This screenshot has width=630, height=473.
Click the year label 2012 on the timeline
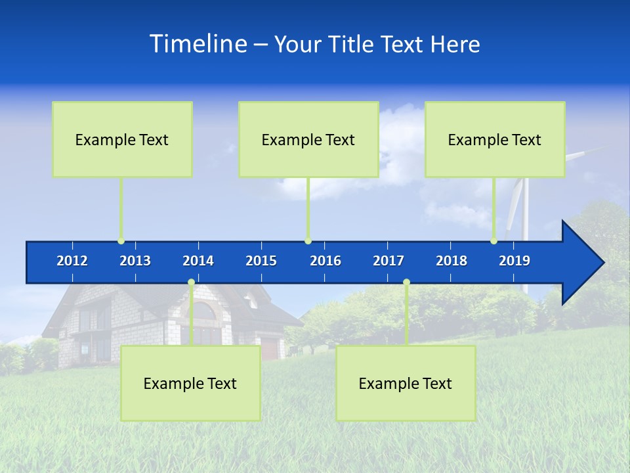click(72, 261)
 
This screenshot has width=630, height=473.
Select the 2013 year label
click(135, 261)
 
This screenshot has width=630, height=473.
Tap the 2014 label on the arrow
click(198, 261)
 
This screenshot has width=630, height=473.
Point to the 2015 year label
click(261, 261)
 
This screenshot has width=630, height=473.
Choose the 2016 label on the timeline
click(325, 261)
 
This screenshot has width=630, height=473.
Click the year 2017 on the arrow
click(388, 261)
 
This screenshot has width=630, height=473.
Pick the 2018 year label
click(451, 261)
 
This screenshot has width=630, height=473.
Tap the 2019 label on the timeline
click(514, 261)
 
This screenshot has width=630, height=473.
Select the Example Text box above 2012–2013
click(122, 139)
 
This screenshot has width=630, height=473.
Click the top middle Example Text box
click(308, 139)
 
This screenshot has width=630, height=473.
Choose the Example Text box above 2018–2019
click(495, 139)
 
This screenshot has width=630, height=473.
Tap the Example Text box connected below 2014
click(190, 384)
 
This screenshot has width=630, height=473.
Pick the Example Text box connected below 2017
click(406, 384)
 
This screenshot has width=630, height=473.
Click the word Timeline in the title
click(198, 44)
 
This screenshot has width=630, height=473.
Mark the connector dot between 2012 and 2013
click(121, 241)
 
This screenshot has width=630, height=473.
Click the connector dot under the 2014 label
click(191, 282)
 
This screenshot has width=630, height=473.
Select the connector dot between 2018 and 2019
click(493, 241)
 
